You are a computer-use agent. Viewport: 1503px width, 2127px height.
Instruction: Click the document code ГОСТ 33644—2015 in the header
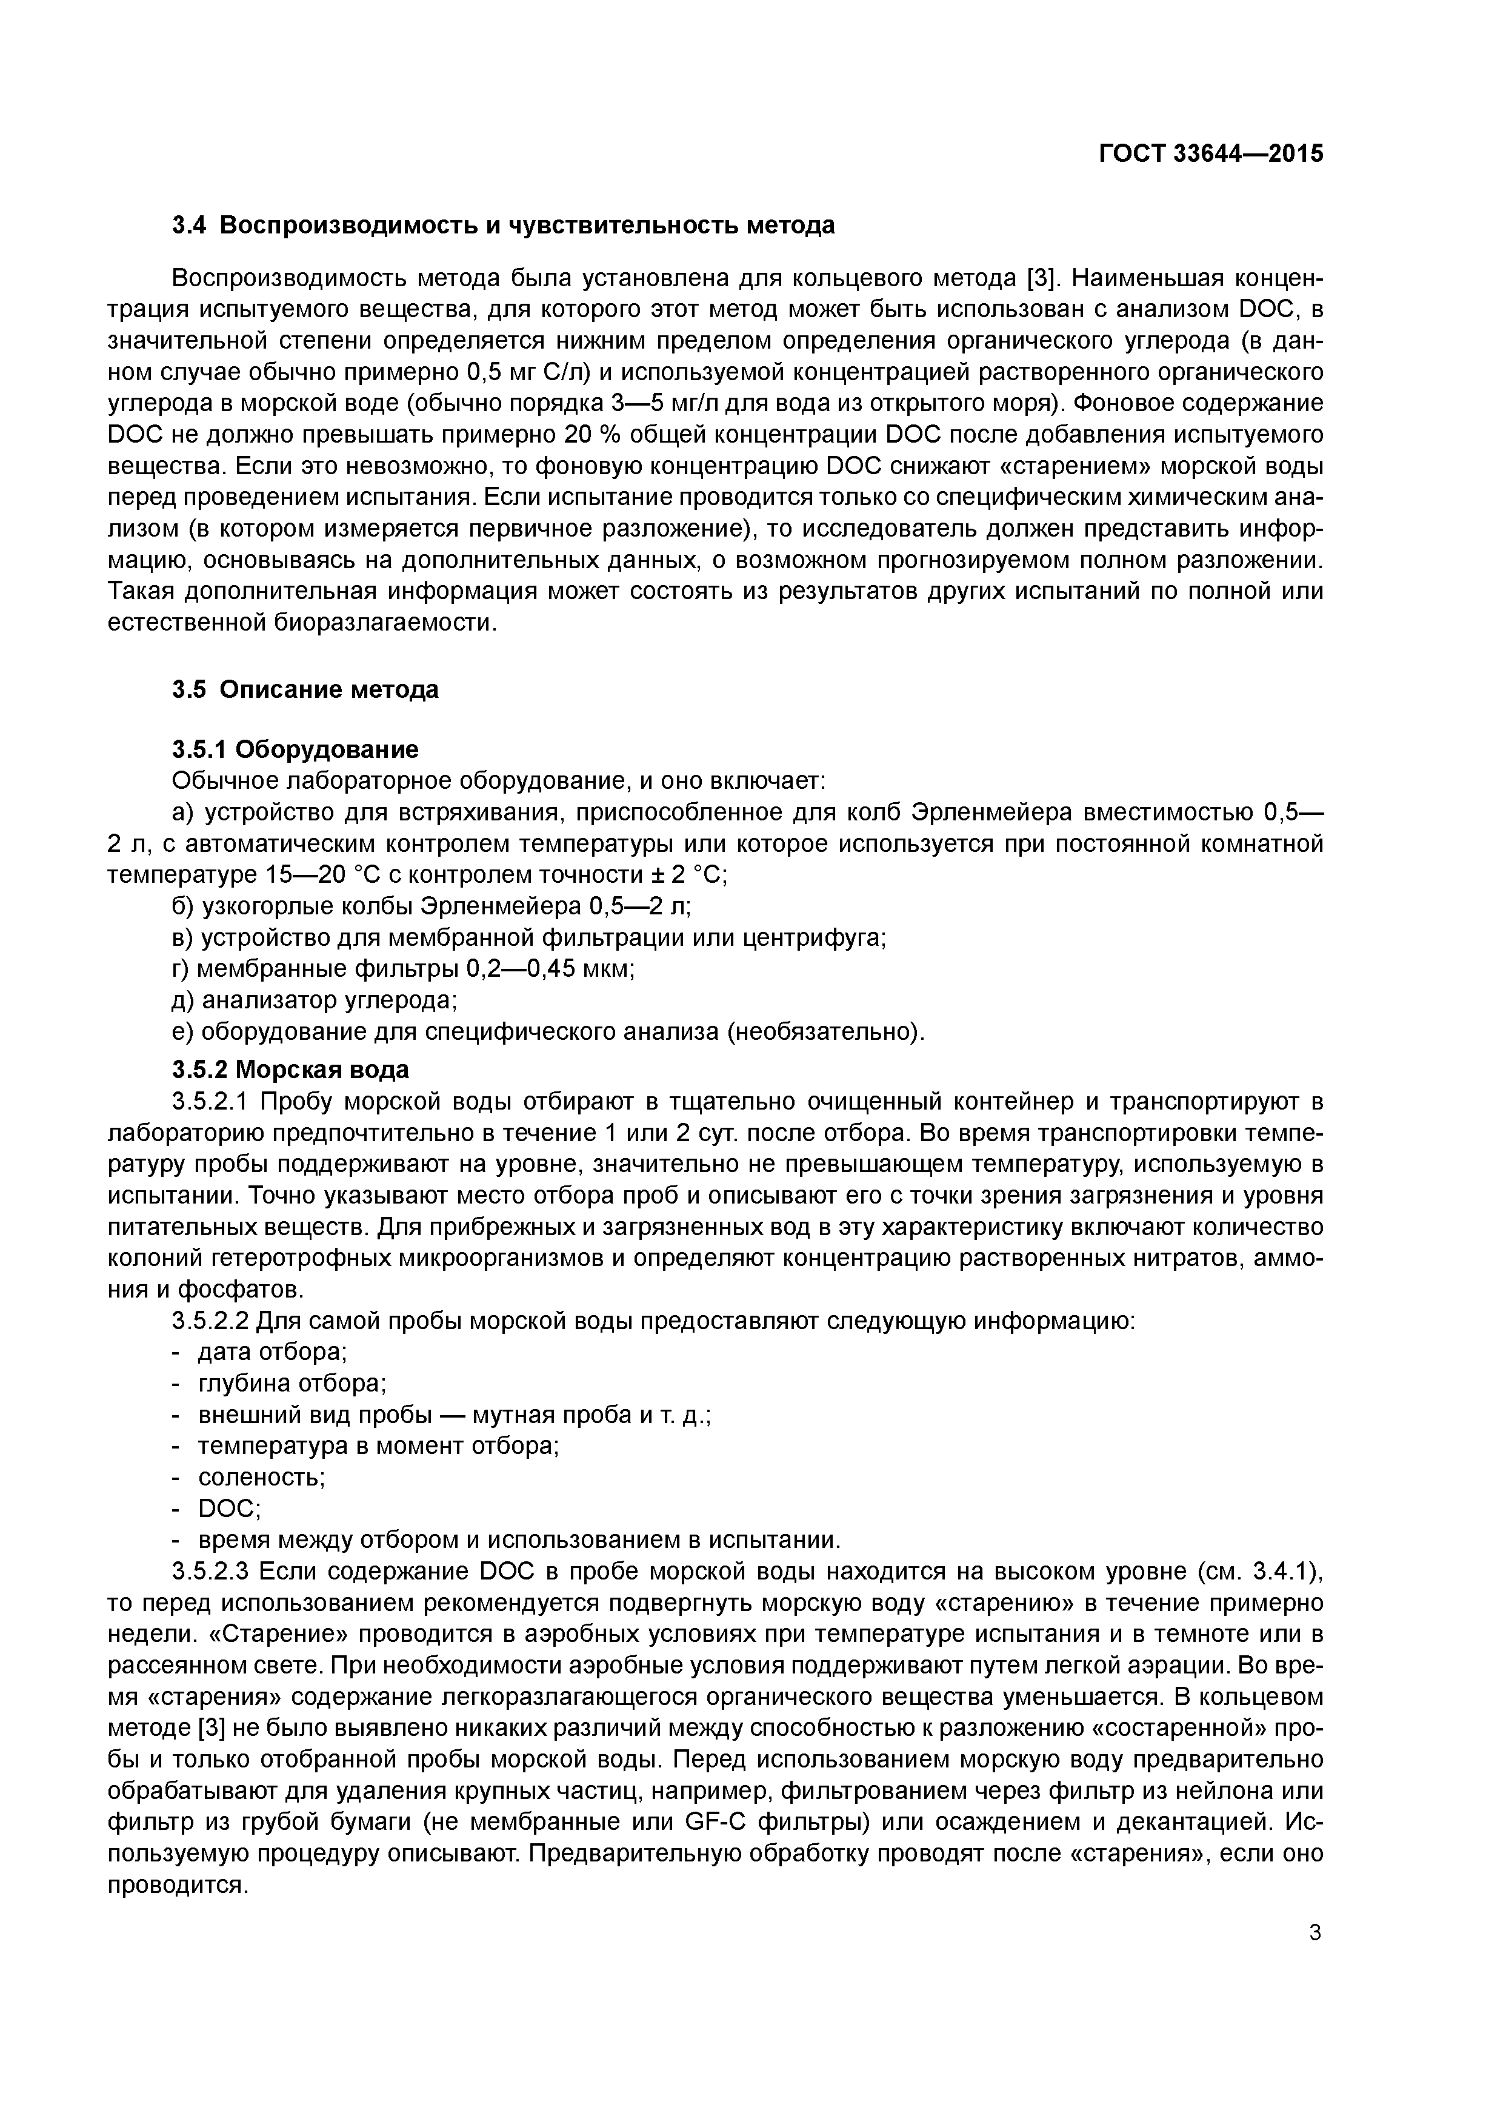1211,154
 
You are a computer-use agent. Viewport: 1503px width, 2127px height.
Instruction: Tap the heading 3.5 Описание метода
305,689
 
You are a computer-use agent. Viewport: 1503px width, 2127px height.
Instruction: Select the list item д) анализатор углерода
315,1000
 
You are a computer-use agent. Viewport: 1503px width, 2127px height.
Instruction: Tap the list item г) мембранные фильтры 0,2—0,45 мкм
403,969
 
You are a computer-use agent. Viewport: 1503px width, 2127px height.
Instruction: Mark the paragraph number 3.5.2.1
211,1102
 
